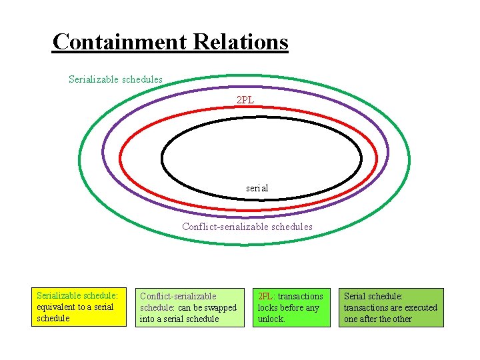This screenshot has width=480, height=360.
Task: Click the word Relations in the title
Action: click(x=241, y=42)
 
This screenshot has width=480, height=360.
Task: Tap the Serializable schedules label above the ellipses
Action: click(x=115, y=79)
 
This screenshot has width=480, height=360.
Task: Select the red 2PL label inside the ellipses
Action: click(x=245, y=100)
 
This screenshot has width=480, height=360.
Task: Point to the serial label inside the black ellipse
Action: click(x=257, y=188)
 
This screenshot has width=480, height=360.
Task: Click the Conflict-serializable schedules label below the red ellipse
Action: click(x=247, y=227)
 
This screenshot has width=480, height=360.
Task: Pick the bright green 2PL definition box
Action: click(x=292, y=307)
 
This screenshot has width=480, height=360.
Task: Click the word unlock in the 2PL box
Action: click(x=271, y=319)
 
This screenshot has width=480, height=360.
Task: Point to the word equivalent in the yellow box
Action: click(x=56, y=307)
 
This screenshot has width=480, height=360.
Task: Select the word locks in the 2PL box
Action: click(x=269, y=308)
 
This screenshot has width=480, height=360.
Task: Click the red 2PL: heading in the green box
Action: click(x=267, y=296)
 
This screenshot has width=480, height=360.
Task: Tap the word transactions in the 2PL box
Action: click(x=301, y=296)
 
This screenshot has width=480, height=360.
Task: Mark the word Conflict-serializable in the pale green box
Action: click(x=178, y=296)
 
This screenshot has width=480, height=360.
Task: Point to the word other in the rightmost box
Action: click(x=399, y=319)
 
